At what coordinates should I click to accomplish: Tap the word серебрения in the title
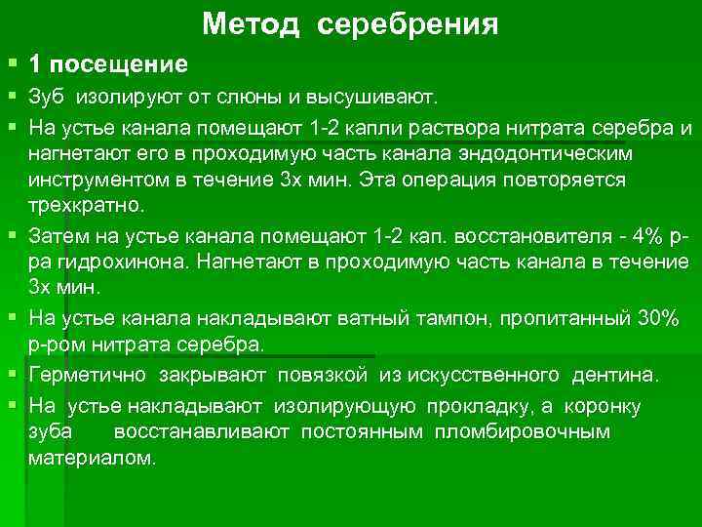tap(408, 24)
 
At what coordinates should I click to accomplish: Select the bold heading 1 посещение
tap(108, 65)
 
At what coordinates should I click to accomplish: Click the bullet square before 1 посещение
tap(12, 64)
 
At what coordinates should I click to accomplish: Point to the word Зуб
tap(47, 99)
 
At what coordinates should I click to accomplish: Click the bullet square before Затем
tap(12, 236)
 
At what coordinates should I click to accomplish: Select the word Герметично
tap(88, 376)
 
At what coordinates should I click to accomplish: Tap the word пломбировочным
tap(532, 431)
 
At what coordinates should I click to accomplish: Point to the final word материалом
tap(91, 459)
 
